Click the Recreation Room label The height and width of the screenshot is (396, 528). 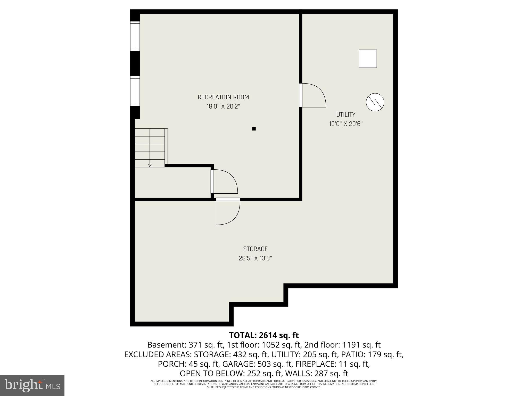[x=223, y=97]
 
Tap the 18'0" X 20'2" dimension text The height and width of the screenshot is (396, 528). [x=223, y=106]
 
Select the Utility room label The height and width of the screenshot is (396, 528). [x=346, y=114]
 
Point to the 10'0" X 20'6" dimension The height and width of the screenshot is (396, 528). [x=346, y=124]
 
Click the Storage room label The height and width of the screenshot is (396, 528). [x=255, y=249]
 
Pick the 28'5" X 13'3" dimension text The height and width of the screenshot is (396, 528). [x=255, y=258]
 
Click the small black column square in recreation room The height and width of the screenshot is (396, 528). [x=254, y=129]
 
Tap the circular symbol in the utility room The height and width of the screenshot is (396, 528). [x=375, y=102]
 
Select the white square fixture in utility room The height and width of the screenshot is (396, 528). [x=368, y=59]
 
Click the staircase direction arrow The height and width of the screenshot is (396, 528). [x=150, y=165]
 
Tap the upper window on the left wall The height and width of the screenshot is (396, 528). [x=135, y=36]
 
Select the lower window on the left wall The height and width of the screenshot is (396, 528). [x=135, y=91]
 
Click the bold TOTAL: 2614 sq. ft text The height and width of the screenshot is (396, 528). [x=264, y=335]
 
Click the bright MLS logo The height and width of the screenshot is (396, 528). [x=32, y=385]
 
